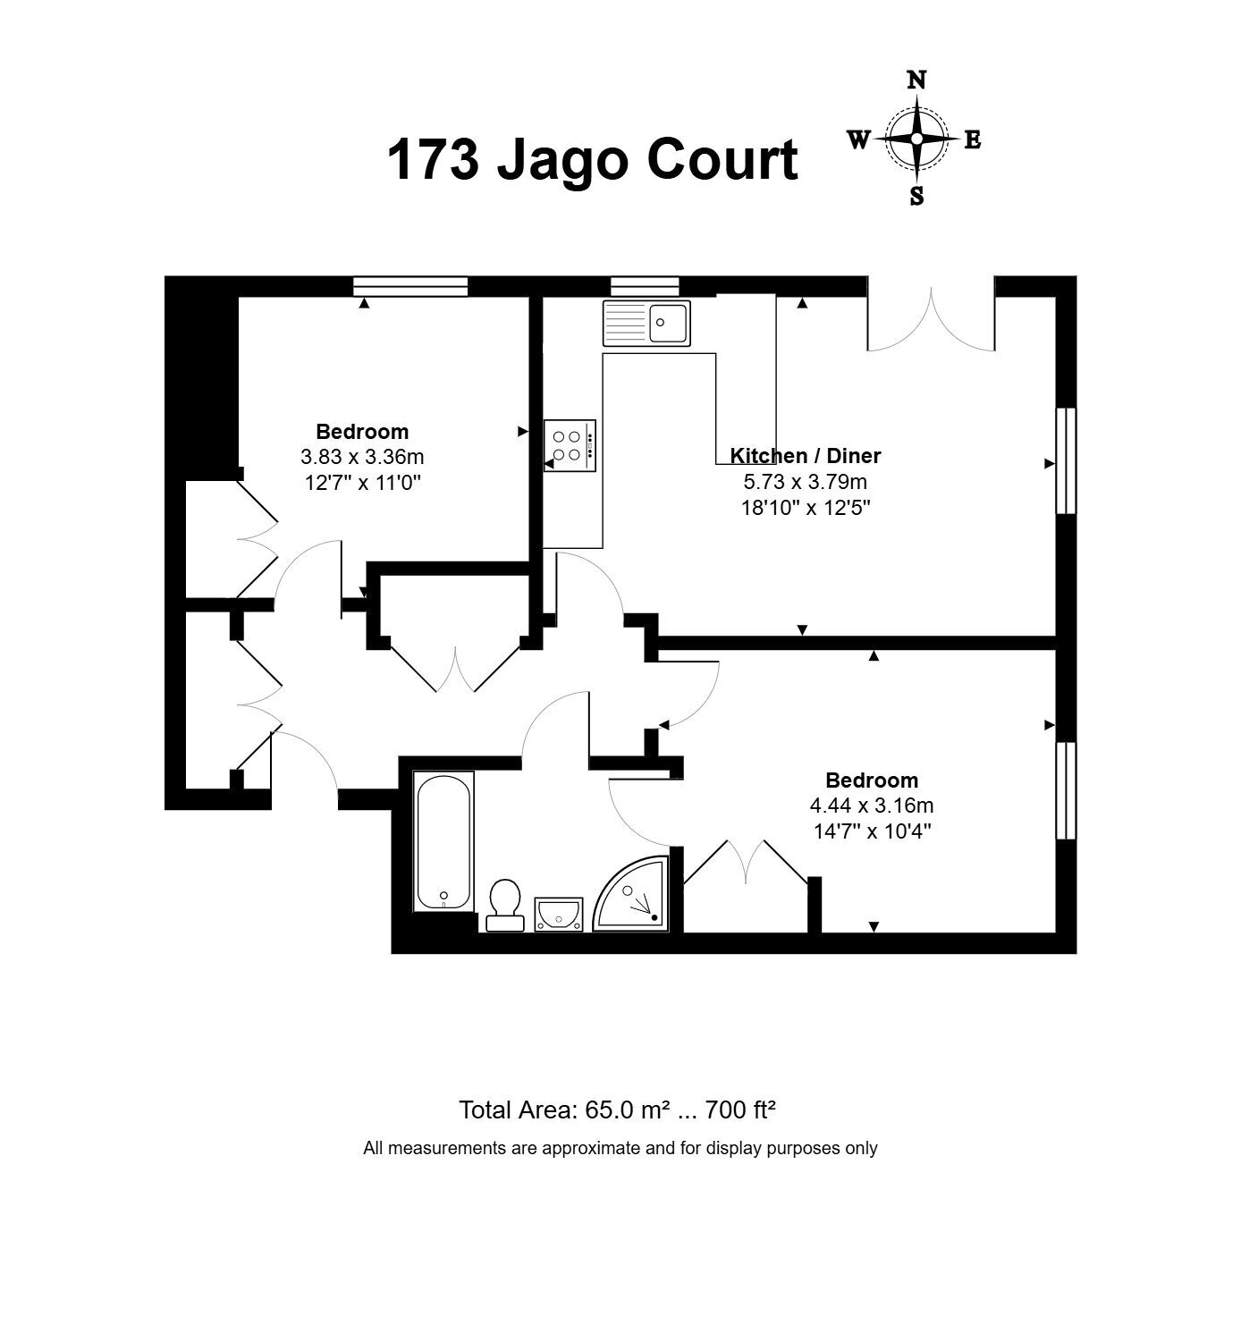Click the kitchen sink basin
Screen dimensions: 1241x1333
668,323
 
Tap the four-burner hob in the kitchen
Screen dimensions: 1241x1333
570,446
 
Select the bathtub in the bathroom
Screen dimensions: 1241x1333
443,841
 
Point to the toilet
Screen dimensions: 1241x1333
505,906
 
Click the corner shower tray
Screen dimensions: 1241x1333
632,894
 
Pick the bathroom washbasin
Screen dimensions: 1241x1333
559,915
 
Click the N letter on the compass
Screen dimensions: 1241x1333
916,80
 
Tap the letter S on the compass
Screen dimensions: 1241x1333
916,196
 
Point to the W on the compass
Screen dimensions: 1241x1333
859,139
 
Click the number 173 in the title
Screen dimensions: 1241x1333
434,160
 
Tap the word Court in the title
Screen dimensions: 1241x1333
722,160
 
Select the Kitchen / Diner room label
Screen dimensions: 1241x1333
806,456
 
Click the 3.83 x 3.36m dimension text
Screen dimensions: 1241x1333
363,457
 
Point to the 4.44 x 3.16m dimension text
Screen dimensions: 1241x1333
872,806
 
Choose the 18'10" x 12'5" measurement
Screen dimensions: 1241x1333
806,508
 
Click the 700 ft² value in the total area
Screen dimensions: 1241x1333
740,1110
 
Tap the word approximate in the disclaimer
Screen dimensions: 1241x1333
592,1149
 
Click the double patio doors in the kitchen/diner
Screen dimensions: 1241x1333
932,319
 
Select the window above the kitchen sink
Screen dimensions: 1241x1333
645,287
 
